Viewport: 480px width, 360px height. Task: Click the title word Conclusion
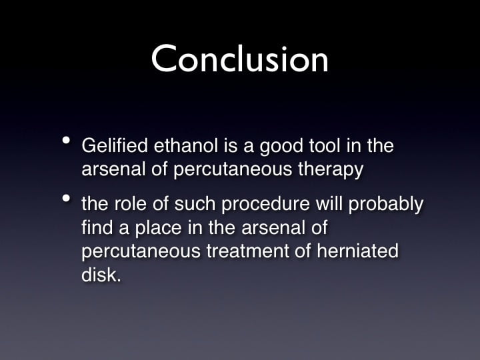pos(240,58)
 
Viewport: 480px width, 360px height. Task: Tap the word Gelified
pos(115,145)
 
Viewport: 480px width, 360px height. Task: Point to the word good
pos(281,147)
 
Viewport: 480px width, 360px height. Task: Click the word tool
pos(325,145)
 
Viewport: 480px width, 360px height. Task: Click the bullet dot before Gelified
pos(66,141)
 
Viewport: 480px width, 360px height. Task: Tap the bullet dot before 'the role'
pos(66,199)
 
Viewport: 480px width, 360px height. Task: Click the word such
pos(195,203)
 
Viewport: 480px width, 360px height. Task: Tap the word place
pos(158,229)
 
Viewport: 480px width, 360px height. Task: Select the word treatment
pos(247,251)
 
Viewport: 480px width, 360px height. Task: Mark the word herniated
pos(357,251)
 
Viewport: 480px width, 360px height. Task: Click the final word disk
pos(101,274)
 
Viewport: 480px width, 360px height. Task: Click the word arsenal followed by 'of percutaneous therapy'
pos(113,169)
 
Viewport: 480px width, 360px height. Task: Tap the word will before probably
pos(329,203)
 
